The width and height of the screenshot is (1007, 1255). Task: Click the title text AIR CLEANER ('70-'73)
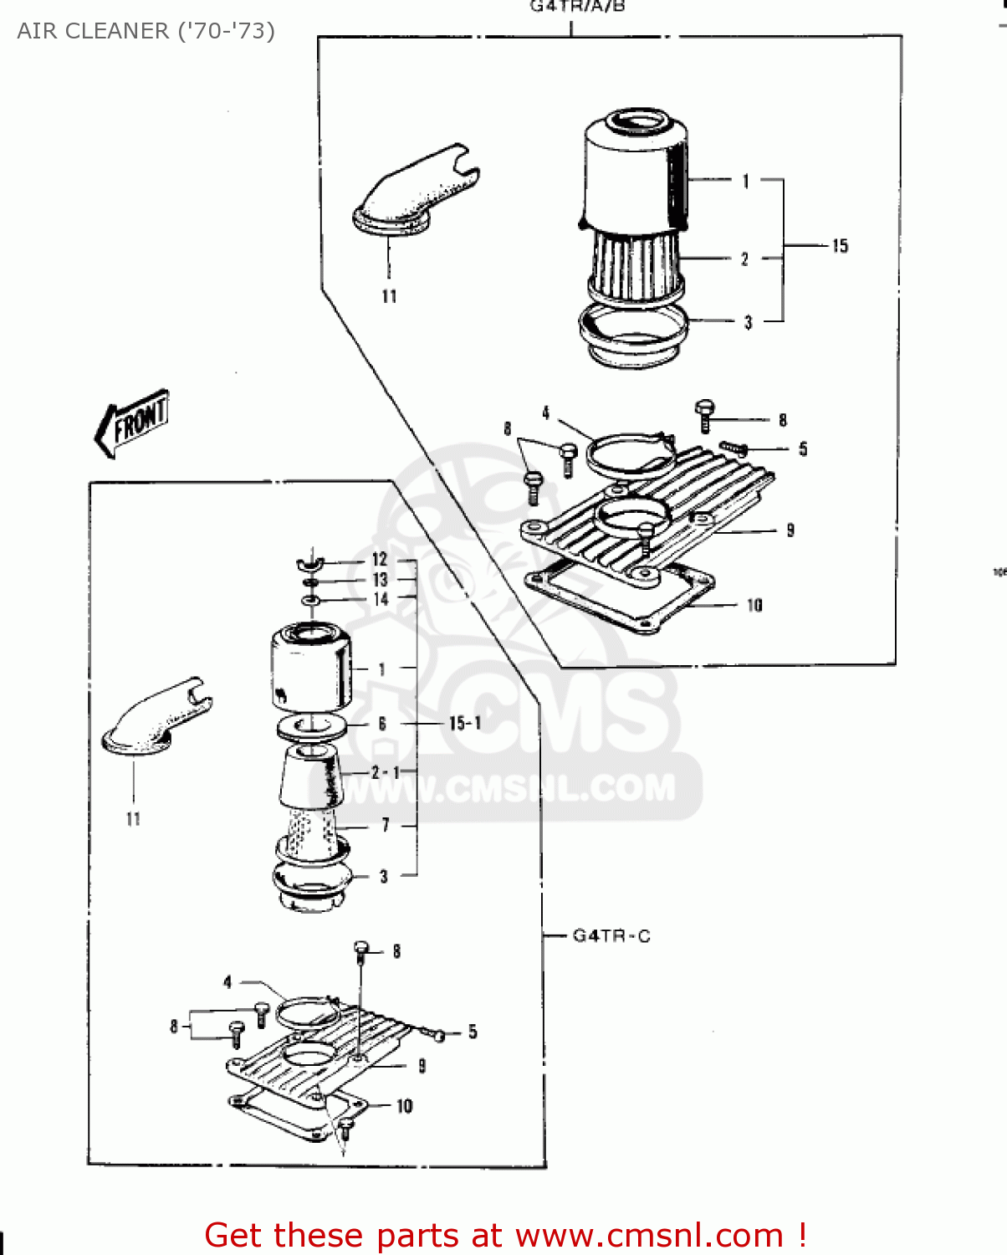click(146, 31)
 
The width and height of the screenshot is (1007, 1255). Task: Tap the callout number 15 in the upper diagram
click(840, 246)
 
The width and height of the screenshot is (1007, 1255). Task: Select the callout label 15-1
click(465, 723)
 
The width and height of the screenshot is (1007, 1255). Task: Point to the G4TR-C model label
click(611, 935)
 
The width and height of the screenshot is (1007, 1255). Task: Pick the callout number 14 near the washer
click(381, 599)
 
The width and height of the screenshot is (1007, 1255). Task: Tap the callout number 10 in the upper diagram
click(754, 605)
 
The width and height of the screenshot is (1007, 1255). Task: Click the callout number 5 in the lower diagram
click(473, 1032)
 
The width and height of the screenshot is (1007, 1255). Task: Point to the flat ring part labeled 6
click(311, 725)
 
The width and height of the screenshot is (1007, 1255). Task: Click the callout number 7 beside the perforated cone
click(385, 825)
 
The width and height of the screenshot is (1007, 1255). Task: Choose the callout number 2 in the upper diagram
click(744, 259)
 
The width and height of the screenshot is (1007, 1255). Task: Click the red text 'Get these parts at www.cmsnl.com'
click(505, 1235)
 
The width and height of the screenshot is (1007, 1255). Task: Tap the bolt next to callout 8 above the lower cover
click(361, 950)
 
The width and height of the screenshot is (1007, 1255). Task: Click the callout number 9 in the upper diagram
click(790, 530)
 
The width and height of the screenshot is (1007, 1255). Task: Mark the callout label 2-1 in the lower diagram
click(386, 772)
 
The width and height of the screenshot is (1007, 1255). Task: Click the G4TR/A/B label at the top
click(577, 7)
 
